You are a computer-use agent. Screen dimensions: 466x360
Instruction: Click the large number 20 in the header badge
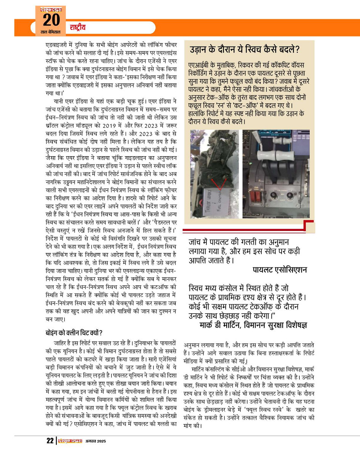[x=51, y=20]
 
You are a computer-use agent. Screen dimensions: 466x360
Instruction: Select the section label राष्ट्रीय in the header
[x=78, y=27]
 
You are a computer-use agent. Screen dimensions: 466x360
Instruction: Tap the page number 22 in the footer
[x=50, y=441]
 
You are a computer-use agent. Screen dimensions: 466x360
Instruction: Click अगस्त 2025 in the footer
[x=95, y=441]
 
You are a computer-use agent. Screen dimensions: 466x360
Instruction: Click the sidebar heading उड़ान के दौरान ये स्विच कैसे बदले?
[x=245, y=50]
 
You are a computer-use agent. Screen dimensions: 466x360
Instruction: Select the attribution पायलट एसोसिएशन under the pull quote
[x=280, y=270]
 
